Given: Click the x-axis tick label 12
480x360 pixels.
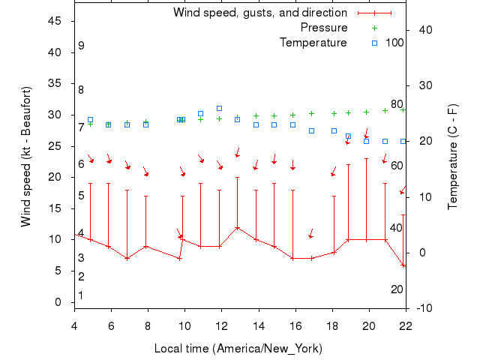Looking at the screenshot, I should (x=221, y=325).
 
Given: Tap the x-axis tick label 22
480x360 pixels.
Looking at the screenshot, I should (x=406, y=325).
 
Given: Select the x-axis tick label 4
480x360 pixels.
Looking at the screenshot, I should (x=74, y=325).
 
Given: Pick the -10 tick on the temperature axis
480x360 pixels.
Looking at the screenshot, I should (x=423, y=308).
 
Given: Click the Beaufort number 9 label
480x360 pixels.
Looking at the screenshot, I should (x=81, y=46).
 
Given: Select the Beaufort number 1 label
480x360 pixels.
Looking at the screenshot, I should (x=81, y=295).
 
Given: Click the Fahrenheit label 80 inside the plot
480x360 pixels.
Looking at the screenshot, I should (x=397, y=104).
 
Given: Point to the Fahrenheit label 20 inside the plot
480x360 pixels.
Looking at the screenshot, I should (x=397, y=289).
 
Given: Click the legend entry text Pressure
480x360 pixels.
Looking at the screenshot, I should (x=324, y=28).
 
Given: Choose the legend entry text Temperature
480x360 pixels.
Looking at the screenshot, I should (x=313, y=42).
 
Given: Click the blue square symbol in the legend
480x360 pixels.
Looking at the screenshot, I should (x=374, y=42).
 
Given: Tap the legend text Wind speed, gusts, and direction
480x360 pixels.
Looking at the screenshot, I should (x=260, y=13).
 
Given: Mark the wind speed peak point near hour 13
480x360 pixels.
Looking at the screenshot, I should (x=238, y=227).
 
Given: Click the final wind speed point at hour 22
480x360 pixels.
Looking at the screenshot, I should (x=404, y=265).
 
